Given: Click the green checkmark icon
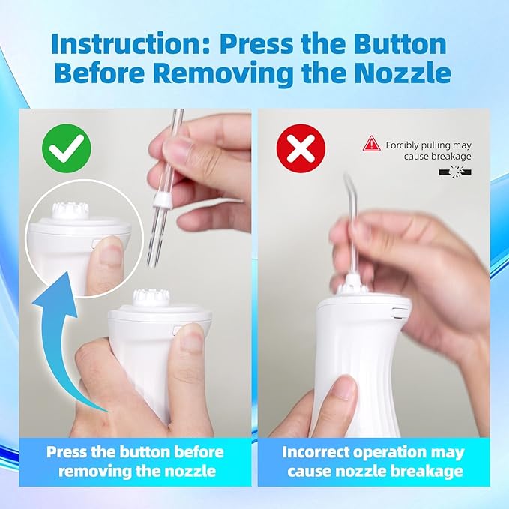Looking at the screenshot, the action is [x=67, y=148].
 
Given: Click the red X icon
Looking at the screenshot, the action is [x=301, y=148].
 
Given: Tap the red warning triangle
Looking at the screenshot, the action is [x=371, y=144].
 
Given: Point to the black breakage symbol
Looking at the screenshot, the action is [x=455, y=172].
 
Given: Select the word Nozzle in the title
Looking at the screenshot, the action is [x=403, y=73].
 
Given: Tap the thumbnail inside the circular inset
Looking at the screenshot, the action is [x=110, y=254].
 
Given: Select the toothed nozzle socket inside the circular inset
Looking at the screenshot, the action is [x=69, y=211].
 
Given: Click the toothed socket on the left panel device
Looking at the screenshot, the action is [x=151, y=298].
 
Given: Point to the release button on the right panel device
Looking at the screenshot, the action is [x=397, y=313].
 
